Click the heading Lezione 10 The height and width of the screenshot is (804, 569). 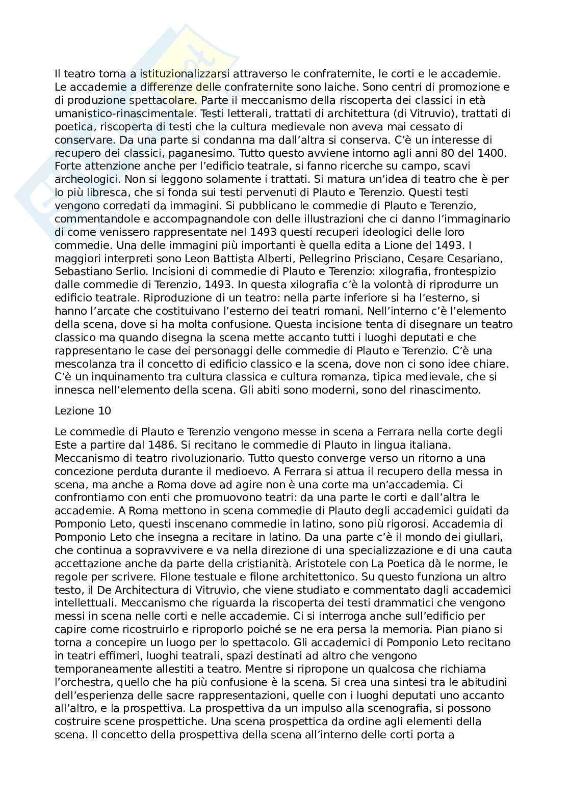(x=82, y=410)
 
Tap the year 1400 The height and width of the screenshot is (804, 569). (x=494, y=153)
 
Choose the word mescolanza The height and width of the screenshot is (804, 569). (x=84, y=365)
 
